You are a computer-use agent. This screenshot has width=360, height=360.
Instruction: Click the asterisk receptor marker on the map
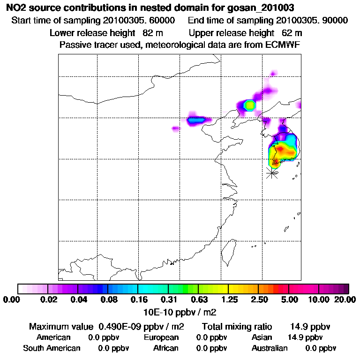click(271, 173)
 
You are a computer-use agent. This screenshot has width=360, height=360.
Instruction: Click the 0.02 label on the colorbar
click(49, 300)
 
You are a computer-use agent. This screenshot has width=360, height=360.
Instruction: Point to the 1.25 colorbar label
click(228, 300)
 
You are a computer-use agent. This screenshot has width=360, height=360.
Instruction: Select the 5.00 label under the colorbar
click(289, 300)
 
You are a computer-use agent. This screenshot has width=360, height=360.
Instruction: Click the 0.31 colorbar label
click(168, 300)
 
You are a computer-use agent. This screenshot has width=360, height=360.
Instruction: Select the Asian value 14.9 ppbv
click(305, 337)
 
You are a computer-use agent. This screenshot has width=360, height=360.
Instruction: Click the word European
click(161, 337)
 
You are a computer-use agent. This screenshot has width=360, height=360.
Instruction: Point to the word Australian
click(270, 348)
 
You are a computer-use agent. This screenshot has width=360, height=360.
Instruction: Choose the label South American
click(52, 348)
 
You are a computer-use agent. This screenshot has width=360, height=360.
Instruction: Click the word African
click(165, 348)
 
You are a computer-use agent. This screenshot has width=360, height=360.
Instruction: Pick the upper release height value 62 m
click(292, 33)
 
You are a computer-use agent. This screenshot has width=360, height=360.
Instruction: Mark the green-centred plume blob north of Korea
click(249, 105)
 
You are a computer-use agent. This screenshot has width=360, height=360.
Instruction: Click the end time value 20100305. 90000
click(312, 21)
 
